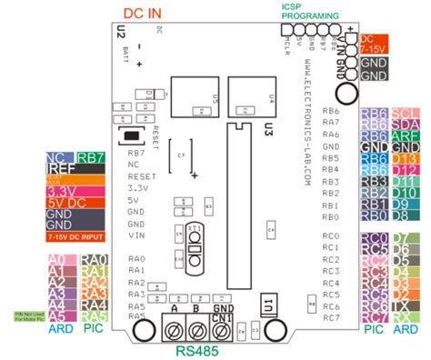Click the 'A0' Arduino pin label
coord(55,260)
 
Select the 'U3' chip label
coord(268,131)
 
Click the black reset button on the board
coord(133,137)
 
